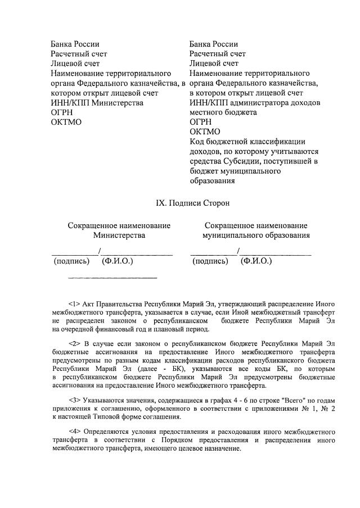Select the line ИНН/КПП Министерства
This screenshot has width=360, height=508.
pos(97,103)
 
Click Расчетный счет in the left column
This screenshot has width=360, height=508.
pos(79,54)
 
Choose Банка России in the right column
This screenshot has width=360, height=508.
pos(214,44)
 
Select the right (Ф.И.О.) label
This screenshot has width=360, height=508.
pos(256,261)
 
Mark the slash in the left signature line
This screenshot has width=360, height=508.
pos(100,251)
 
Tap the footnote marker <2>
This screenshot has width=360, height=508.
pos(74,342)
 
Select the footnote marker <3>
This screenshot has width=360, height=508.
pos(74,400)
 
